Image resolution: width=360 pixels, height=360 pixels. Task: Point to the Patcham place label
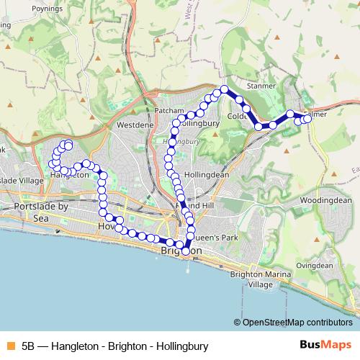point(170,110)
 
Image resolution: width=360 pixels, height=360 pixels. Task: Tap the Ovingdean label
point(315,266)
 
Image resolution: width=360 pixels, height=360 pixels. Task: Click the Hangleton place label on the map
point(69,174)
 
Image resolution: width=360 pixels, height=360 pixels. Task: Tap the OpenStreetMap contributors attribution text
point(297,322)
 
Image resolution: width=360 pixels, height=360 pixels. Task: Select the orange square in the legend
point(10,345)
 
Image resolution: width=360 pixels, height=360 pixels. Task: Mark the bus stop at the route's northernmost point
point(224,89)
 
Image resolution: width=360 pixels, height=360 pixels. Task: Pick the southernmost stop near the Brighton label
point(186,251)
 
